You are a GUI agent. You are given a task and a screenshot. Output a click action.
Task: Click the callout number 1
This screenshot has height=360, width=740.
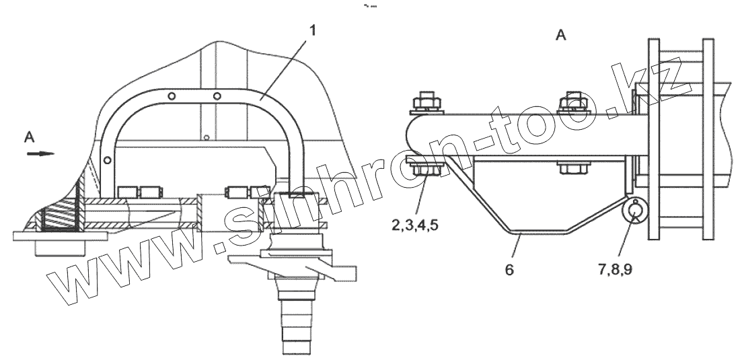312,30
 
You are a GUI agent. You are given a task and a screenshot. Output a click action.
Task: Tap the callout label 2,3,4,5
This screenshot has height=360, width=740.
415,225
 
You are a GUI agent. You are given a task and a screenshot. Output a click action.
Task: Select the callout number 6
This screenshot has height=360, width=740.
509,269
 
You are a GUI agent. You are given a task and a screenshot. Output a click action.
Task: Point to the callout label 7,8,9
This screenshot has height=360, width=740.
616,269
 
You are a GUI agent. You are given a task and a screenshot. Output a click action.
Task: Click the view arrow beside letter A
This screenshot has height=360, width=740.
40,153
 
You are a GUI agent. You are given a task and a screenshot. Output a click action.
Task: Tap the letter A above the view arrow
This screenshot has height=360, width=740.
29,137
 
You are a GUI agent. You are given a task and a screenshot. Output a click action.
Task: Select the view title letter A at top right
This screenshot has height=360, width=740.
560,35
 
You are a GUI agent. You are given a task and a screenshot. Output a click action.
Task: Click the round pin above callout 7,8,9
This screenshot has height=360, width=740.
633,211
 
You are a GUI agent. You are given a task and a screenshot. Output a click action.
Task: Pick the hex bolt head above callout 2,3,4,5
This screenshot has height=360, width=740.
427,170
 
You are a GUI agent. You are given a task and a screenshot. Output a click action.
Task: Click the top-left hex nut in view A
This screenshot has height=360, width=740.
427,103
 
